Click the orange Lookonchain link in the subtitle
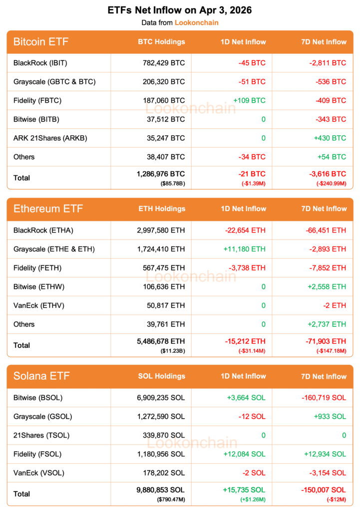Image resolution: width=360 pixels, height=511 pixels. [x=196, y=22]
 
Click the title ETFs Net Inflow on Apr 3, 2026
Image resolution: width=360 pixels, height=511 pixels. [x=180, y=10]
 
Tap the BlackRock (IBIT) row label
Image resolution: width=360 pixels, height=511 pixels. [x=40, y=63]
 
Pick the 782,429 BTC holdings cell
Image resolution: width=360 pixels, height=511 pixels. [x=163, y=63]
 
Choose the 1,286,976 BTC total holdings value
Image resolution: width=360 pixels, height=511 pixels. [x=160, y=174]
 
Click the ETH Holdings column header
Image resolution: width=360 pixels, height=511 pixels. [x=161, y=209]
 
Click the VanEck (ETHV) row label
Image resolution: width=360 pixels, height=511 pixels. [x=39, y=305]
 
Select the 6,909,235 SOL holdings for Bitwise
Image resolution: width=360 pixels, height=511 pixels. [x=160, y=398]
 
